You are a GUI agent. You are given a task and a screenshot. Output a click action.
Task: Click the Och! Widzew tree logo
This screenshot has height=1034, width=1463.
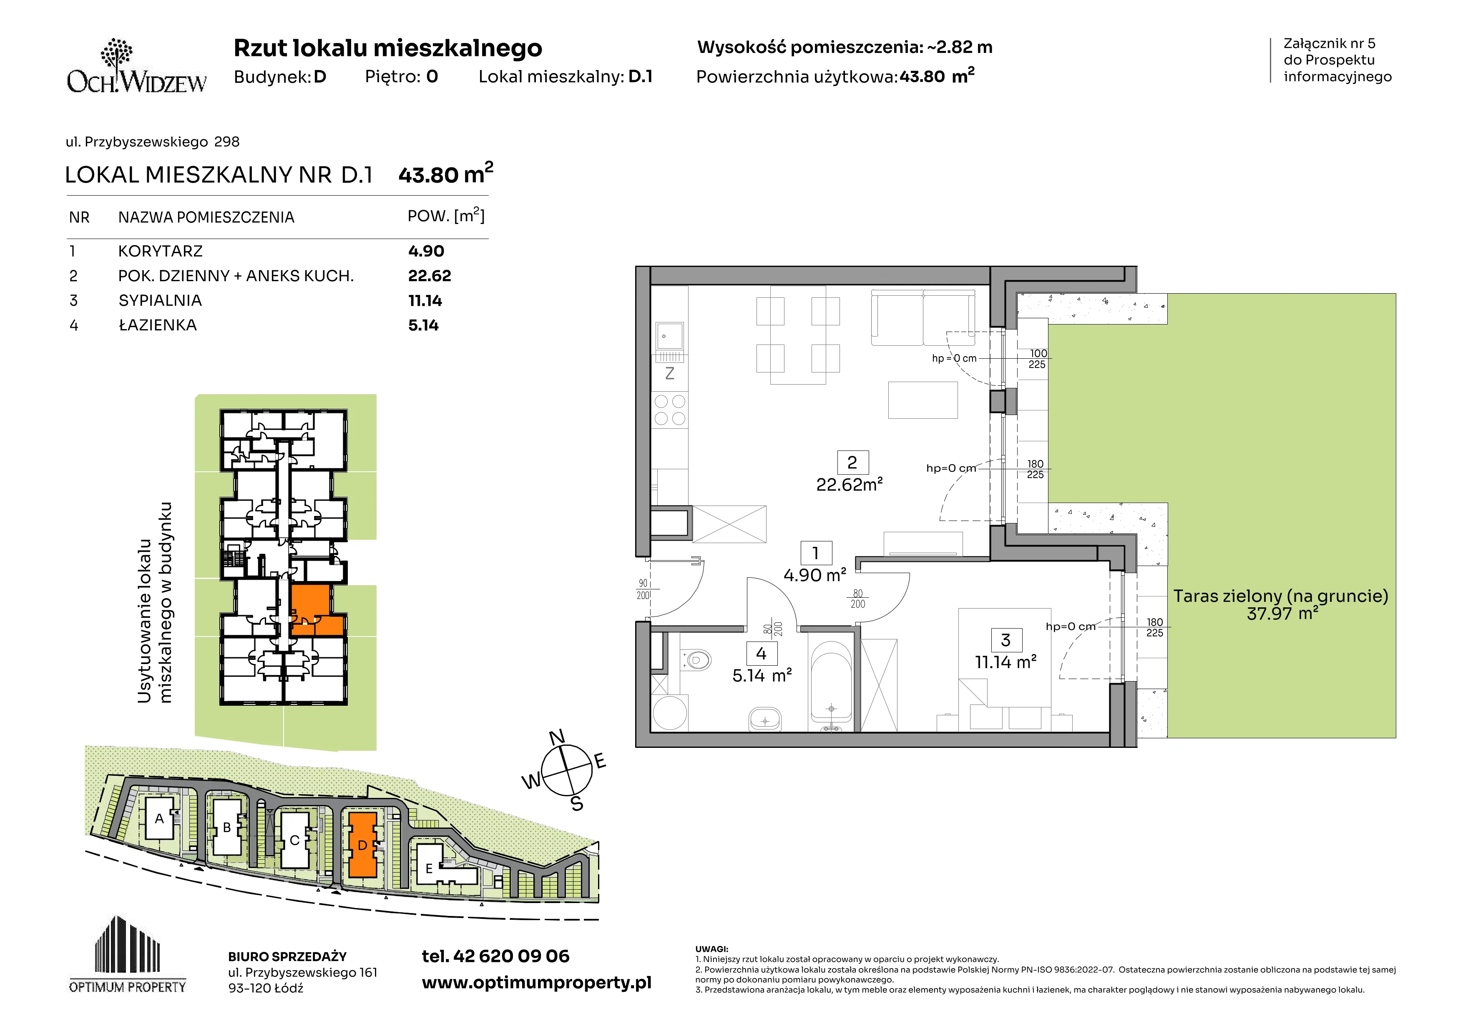pyautogui.click(x=136, y=65)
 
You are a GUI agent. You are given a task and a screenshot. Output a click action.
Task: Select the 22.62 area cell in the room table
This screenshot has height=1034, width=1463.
pyautogui.click(x=430, y=276)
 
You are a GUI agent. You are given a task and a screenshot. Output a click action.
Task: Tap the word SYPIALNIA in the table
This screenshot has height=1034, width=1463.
pyautogui.click(x=160, y=301)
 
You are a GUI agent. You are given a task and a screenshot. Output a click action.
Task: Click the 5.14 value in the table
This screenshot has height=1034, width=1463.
pyautogui.click(x=423, y=326)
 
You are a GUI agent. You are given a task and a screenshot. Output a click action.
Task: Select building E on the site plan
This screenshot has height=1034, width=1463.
pyautogui.click(x=440, y=865)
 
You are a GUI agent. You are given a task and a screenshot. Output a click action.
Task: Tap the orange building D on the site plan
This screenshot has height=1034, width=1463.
pyautogui.click(x=362, y=845)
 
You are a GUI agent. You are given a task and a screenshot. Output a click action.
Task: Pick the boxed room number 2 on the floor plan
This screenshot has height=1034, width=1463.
pyautogui.click(x=852, y=462)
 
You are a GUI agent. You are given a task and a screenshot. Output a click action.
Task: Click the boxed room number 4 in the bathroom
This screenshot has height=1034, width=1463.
pyautogui.click(x=761, y=654)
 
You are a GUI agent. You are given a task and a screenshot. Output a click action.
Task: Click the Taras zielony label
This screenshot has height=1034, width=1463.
pyautogui.click(x=1281, y=596)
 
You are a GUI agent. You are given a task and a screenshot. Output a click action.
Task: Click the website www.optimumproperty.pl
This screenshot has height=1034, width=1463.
pyautogui.click(x=536, y=983)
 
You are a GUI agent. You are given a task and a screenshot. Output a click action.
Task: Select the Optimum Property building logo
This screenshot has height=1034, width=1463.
pyautogui.click(x=128, y=954)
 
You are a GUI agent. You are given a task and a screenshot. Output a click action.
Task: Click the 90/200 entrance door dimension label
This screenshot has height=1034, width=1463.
pyautogui.click(x=643, y=589)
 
